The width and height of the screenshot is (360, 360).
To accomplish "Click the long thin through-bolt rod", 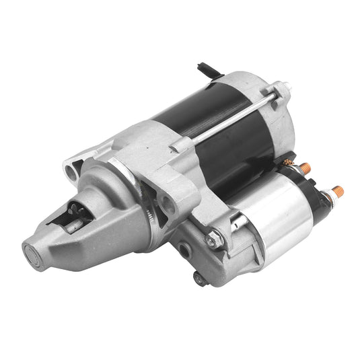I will [229, 121].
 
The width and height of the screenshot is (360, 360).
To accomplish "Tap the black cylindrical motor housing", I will [215, 128].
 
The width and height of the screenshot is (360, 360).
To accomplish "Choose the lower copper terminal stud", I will [336, 192].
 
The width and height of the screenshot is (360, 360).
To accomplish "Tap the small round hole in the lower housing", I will [184, 249].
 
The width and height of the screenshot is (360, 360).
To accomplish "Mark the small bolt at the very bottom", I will [199, 277].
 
